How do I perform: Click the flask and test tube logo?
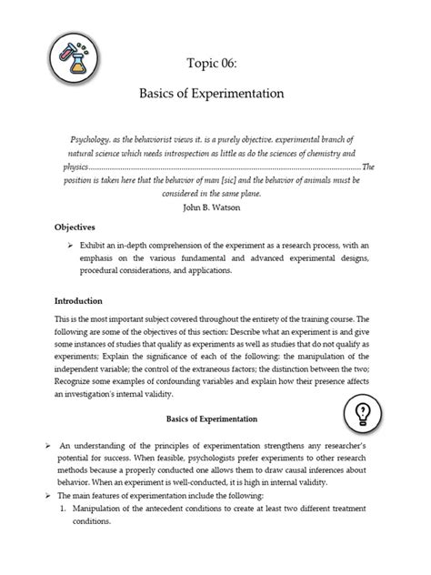click(68, 64)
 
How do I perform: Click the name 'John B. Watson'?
click(215, 207)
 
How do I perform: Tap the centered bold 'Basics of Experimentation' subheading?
click(213, 419)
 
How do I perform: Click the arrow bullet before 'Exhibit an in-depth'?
click(69, 246)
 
